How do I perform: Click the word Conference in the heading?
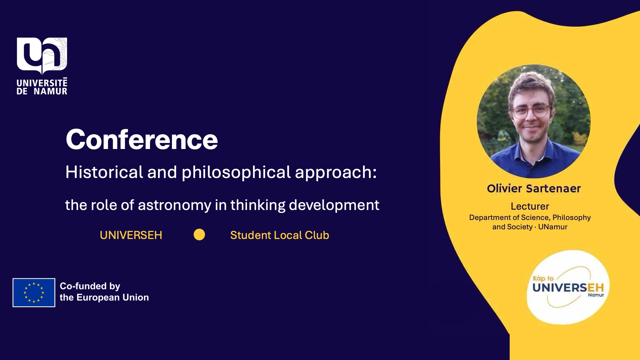pyautogui.click(x=142, y=140)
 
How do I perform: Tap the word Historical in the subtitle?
pyautogui.click(x=104, y=172)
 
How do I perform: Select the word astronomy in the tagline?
pyautogui.click(x=174, y=205)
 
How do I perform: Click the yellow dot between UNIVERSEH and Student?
pyautogui.click(x=199, y=235)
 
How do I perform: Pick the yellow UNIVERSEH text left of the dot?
pyautogui.click(x=131, y=235)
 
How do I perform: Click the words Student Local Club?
pyautogui.click(x=279, y=235)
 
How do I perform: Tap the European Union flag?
pyautogui.click(x=34, y=293)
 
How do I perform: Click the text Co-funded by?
pyautogui.click(x=90, y=286)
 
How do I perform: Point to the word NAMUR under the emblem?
pyautogui.click(x=50, y=91)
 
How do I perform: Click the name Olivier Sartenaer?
pyautogui.click(x=534, y=189)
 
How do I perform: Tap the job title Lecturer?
pyautogui.click(x=530, y=206)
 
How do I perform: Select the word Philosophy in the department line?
pyautogui.click(x=571, y=217)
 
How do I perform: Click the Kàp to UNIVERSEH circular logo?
pyautogui.click(x=568, y=287)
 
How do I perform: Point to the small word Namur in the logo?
pyautogui.click(x=596, y=295)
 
